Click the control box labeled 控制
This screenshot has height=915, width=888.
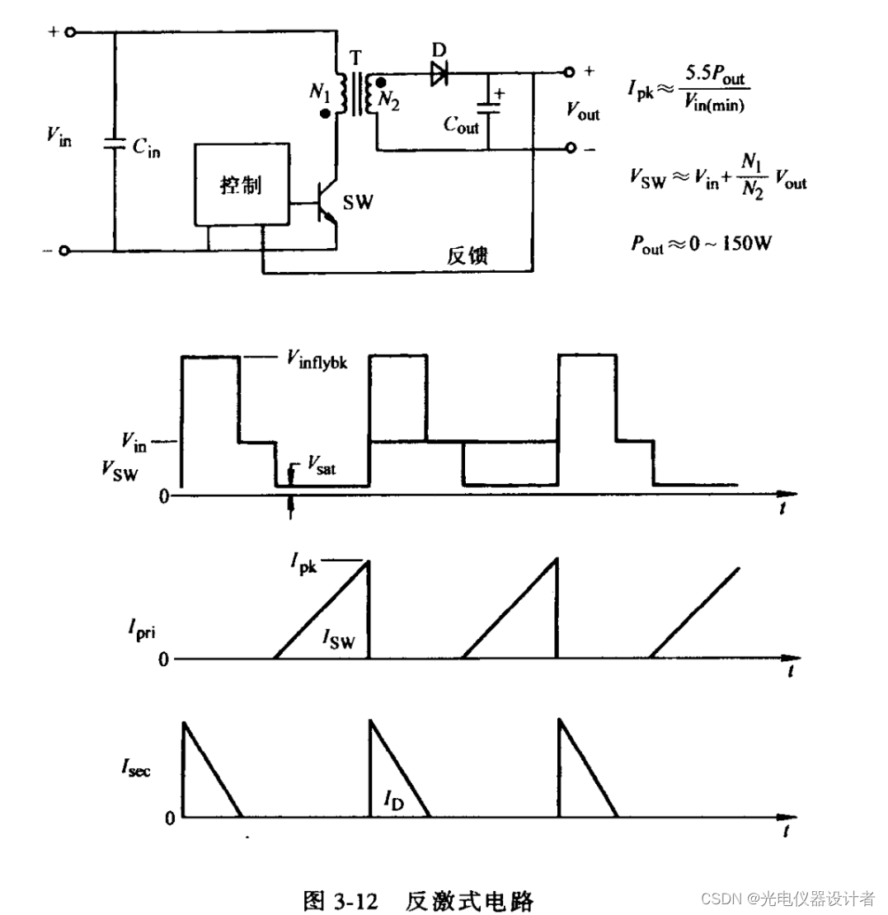tap(241, 185)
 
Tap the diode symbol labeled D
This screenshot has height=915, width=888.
tap(438, 74)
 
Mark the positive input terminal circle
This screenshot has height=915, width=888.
tap(70, 32)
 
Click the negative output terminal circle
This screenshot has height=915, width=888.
tap(568, 149)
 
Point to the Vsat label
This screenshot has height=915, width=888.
tap(321, 463)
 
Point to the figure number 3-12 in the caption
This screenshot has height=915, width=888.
tap(354, 897)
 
